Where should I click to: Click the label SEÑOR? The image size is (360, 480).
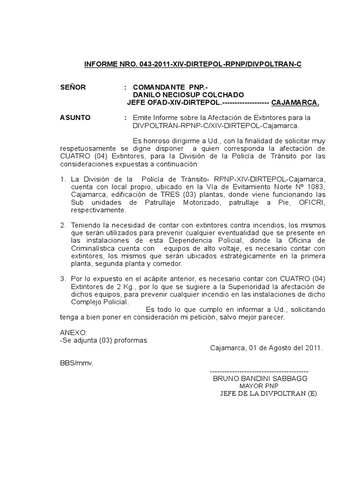click(x=73, y=87)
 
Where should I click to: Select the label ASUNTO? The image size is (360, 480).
click(x=75, y=118)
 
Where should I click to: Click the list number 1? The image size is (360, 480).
click(x=63, y=179)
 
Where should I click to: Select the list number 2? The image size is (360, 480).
click(x=63, y=225)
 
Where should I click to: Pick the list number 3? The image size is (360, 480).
click(x=63, y=279)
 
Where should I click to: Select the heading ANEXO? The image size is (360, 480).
click(x=74, y=332)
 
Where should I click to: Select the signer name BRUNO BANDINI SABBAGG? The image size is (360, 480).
click(x=261, y=378)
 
